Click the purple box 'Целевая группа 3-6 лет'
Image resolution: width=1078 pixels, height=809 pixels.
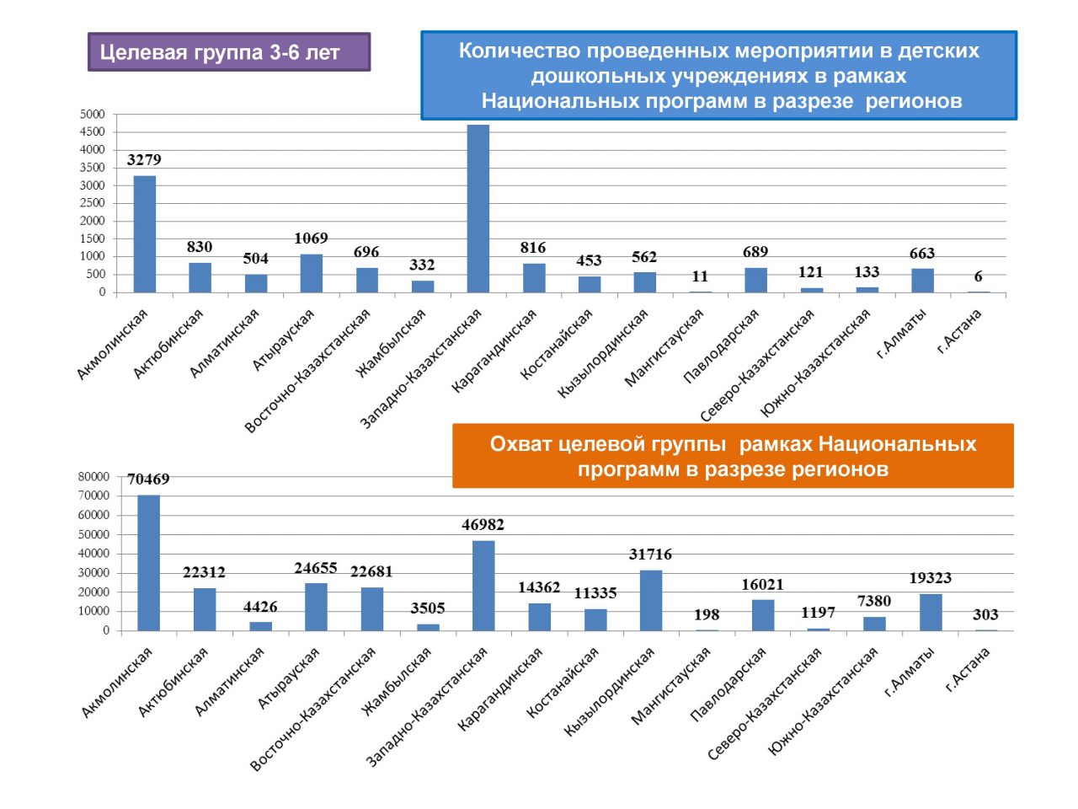[x=229, y=52]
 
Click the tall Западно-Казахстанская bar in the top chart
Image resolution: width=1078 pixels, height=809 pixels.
[x=478, y=209]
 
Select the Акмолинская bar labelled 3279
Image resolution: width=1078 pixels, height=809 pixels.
[x=145, y=234]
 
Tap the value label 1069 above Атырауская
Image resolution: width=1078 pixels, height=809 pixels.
[x=311, y=238]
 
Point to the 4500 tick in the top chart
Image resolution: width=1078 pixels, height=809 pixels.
[x=93, y=132]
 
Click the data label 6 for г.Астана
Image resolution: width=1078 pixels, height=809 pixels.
[x=978, y=276]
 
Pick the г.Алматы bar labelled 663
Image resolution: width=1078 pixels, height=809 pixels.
[x=922, y=281]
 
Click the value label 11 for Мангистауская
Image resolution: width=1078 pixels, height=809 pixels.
[x=700, y=276]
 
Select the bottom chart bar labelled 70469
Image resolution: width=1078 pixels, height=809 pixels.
[x=149, y=562]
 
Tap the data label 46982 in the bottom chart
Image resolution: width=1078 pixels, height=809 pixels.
[x=483, y=525]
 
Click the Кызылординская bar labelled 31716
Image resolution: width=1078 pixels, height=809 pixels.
[x=651, y=600]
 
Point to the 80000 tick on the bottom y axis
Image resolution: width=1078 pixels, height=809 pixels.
[x=93, y=477]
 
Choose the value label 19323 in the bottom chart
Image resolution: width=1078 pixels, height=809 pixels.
[x=930, y=578]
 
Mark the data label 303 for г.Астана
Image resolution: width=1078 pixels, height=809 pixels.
[x=985, y=615]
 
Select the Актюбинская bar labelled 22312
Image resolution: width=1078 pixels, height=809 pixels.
[x=205, y=609]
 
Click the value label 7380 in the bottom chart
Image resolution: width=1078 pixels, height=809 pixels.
[x=874, y=601]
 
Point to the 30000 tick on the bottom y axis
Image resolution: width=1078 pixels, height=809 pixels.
[x=93, y=573]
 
